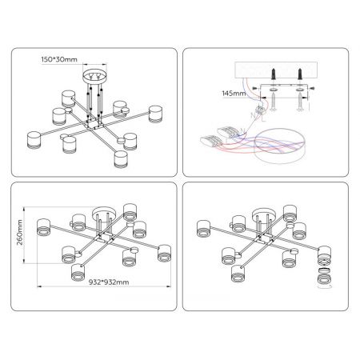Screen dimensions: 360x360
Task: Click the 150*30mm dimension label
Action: tap(59, 59)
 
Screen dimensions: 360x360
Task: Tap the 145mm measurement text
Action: tap(234, 94)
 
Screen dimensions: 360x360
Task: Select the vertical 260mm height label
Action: tap(20, 232)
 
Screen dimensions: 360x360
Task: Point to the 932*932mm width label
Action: tap(109, 282)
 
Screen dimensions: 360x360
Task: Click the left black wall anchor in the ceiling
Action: tap(274, 74)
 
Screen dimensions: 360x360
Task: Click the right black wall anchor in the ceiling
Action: tap(300, 74)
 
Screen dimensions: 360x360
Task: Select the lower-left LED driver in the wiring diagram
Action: tap(211, 140)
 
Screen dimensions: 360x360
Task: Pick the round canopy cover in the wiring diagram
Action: tap(279, 146)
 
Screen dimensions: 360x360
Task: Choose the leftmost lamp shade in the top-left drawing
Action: tap(34, 140)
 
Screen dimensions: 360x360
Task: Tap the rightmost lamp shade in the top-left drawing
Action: tap(155, 114)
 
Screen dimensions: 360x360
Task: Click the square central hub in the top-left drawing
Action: tap(93, 125)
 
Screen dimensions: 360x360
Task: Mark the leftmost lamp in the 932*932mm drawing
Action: tap(43, 227)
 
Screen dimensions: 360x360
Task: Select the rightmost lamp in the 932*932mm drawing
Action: tap(164, 253)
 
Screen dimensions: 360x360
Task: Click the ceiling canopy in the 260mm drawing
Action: tap(104, 214)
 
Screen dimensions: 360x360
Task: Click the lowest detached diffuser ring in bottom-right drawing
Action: tap(325, 279)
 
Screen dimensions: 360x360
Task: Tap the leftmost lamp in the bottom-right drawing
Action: tap(204, 229)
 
